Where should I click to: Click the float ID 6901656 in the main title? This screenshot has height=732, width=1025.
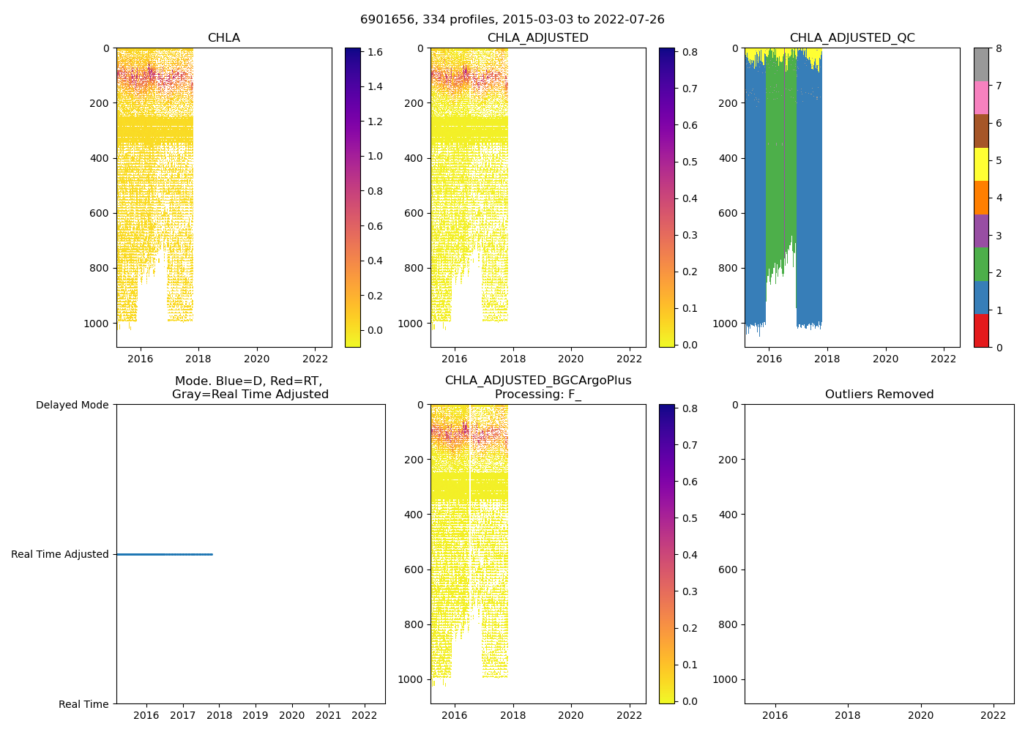pyautogui.click(x=387, y=20)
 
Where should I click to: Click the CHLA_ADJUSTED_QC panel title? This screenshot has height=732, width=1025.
pyautogui.click(x=852, y=38)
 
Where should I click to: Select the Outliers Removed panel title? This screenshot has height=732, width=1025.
pyautogui.click(x=879, y=395)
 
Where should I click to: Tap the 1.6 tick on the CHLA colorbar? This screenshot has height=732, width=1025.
pyautogui.click(x=375, y=52)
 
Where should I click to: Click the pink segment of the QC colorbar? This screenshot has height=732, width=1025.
pyautogui.click(x=981, y=98)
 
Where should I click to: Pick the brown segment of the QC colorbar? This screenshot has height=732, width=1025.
pyautogui.click(x=981, y=131)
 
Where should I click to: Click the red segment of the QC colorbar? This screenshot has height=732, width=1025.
pyautogui.click(x=981, y=331)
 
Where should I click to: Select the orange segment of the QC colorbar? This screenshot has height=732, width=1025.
pyautogui.click(x=981, y=198)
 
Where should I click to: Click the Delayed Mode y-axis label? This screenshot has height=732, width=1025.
pyautogui.click(x=72, y=405)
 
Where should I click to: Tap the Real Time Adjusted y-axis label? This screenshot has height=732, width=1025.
pyautogui.click(x=60, y=555)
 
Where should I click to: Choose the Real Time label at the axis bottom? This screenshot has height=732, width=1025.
pyautogui.click(x=83, y=704)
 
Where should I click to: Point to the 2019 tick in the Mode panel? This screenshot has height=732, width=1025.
pyautogui.click(x=256, y=715)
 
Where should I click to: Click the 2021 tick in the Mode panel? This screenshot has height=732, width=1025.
pyautogui.click(x=328, y=715)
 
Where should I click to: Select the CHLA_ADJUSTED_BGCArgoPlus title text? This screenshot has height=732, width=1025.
pyautogui.click(x=538, y=381)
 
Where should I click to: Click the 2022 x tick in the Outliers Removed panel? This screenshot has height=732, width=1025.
pyautogui.click(x=994, y=715)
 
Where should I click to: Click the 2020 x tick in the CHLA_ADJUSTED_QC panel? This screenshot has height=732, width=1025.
pyautogui.click(x=885, y=359)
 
